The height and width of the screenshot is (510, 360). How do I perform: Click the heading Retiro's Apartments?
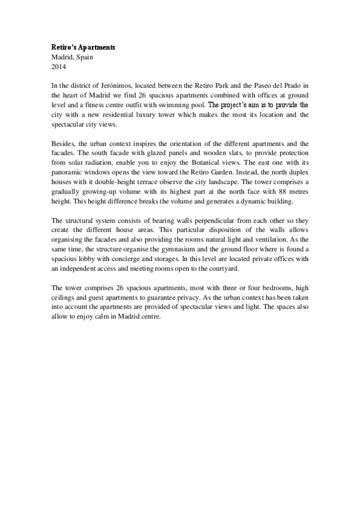(x=83, y=47)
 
